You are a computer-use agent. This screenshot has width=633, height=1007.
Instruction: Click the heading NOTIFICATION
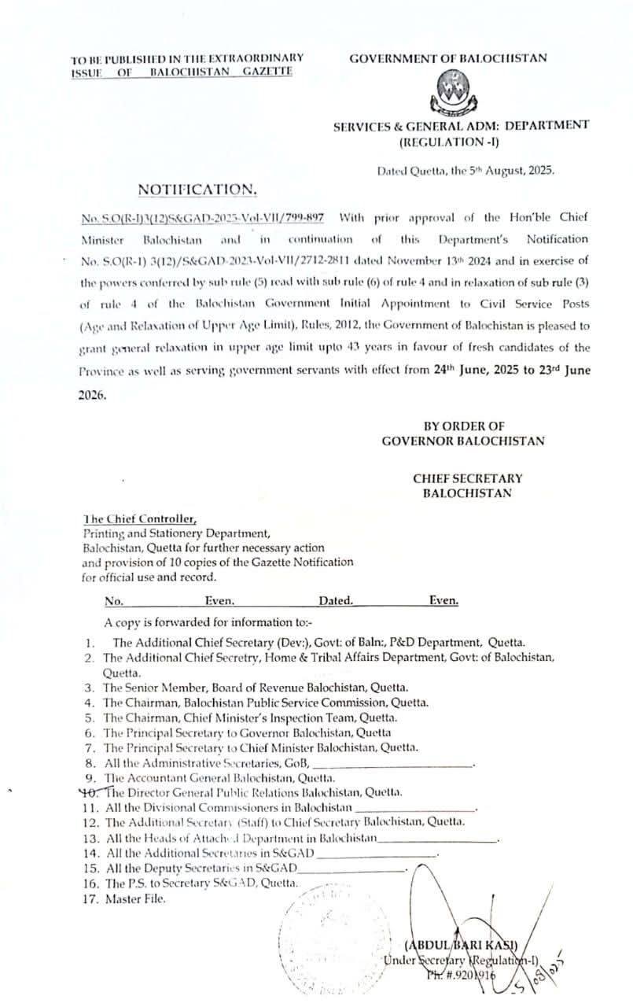click(197, 189)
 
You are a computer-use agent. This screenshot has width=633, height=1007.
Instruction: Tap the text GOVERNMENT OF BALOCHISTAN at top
click(448, 58)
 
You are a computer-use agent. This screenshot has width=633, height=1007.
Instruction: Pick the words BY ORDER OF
click(463, 426)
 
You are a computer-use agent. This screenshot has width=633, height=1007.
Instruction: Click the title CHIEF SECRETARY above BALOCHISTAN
click(467, 478)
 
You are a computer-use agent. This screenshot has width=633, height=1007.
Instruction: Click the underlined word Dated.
click(336, 601)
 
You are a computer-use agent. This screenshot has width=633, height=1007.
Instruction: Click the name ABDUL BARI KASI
click(460, 945)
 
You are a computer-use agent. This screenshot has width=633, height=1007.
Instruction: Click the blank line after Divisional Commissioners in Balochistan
click(416, 808)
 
